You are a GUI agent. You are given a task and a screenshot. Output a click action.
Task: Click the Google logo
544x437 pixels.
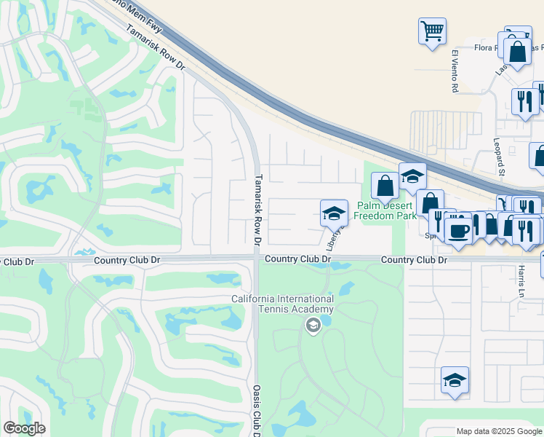(24, 428)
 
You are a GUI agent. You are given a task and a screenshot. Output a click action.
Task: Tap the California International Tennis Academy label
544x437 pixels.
(283, 304)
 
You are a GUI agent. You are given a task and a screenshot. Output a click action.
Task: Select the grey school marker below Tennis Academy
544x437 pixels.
(313, 325)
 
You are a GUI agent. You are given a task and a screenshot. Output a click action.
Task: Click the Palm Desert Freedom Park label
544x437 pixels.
(386, 210)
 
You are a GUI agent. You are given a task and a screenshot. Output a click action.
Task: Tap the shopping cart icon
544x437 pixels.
(432, 31)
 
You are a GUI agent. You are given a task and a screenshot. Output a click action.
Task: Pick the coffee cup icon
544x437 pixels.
(458, 231)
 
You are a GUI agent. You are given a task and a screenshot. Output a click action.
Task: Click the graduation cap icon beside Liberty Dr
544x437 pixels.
(334, 213)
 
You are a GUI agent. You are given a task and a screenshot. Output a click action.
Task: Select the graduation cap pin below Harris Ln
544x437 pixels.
(455, 379)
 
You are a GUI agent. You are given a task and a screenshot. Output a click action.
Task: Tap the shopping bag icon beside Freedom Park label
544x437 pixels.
(385, 186)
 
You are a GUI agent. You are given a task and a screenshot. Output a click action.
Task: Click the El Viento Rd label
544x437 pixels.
(455, 71)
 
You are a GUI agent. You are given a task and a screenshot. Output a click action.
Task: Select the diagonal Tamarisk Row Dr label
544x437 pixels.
(156, 48)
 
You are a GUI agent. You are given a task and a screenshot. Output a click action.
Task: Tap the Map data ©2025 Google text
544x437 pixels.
(498, 431)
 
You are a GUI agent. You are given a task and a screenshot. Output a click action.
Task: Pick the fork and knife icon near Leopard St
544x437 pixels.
(524, 101)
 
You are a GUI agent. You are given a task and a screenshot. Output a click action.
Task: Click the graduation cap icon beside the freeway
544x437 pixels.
(412, 176)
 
